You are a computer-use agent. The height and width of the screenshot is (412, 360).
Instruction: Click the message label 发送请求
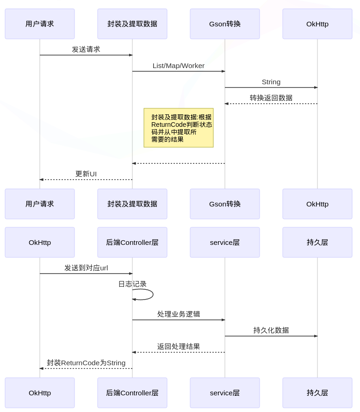86,49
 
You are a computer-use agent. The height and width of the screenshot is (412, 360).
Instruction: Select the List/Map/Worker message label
179,66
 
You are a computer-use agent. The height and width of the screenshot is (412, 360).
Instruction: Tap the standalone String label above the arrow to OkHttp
271,82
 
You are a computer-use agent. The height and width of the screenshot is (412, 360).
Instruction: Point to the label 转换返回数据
271,98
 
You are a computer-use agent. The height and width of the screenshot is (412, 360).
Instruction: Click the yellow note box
179,128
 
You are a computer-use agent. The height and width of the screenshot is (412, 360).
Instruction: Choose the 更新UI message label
86,174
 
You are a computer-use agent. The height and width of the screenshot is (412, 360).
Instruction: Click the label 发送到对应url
86,268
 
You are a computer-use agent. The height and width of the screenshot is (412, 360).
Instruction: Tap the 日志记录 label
132,284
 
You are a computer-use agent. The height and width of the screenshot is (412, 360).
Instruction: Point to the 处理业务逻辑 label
179,314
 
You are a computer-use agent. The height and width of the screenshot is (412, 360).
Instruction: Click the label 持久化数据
271,330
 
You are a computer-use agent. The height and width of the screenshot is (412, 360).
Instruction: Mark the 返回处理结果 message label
179,346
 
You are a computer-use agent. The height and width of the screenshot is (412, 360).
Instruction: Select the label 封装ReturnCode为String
86,363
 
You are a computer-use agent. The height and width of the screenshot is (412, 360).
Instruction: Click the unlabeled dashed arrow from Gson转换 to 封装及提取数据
179,163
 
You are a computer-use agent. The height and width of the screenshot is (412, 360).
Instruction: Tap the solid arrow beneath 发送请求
86,55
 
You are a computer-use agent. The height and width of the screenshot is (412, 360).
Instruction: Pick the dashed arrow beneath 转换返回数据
271,104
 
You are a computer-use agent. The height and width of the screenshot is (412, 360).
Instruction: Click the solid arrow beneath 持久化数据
271,336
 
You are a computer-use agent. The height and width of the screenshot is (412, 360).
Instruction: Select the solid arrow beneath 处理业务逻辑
179,320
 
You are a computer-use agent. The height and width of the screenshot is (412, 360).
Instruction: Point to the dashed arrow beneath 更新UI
86,180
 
